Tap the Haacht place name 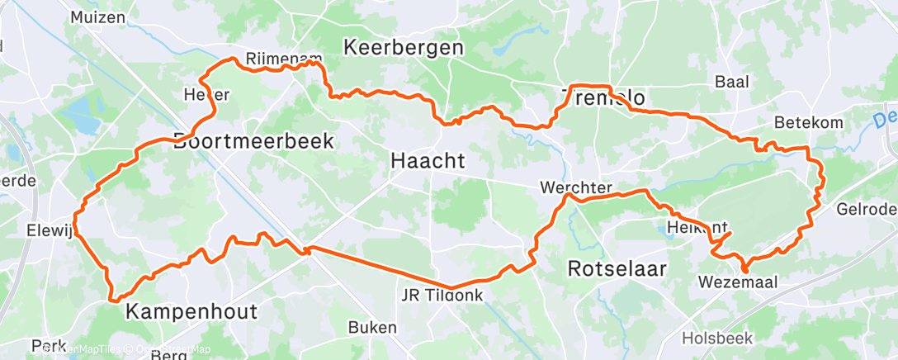[x=427, y=163]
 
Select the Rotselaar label [x=617, y=269]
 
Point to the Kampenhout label [x=191, y=312]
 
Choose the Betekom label [x=809, y=123]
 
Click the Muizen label [x=98, y=17]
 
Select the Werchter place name [x=575, y=188]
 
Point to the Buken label [x=372, y=328]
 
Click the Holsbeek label [x=716, y=339]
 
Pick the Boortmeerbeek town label [x=254, y=141]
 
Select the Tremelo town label [x=603, y=99]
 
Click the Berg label [x=170, y=354]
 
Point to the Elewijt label [x=51, y=230]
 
